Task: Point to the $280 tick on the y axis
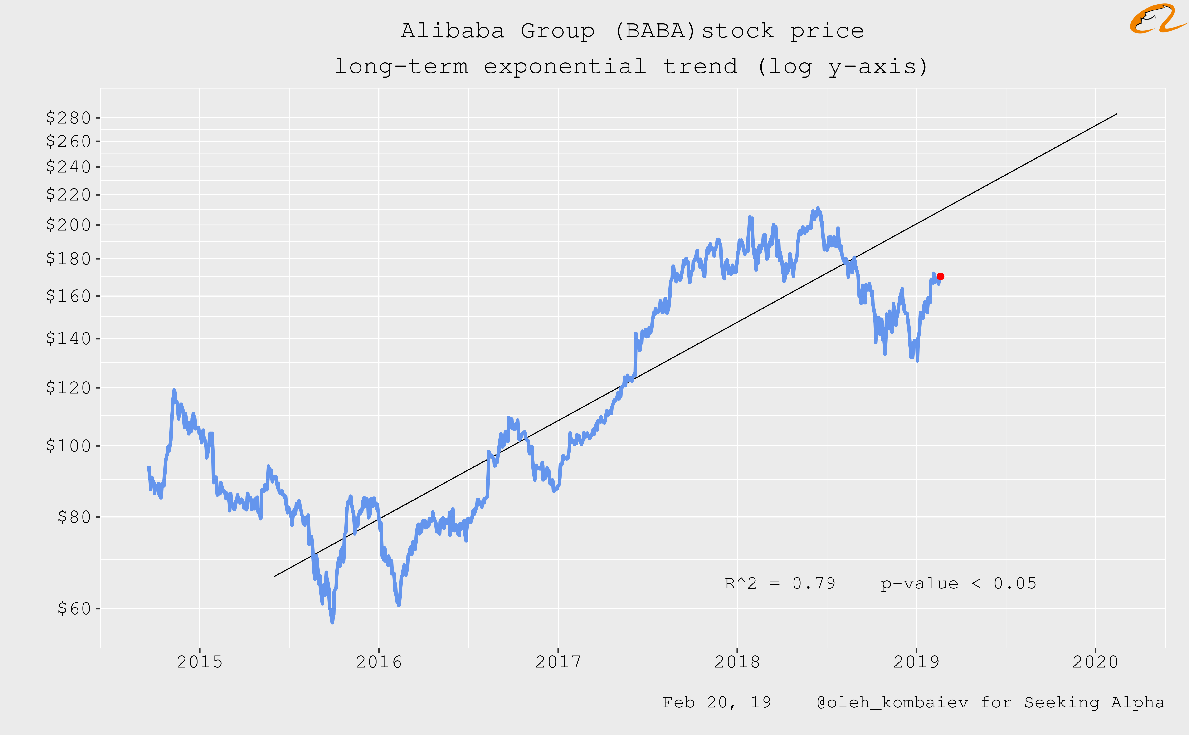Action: click(x=68, y=118)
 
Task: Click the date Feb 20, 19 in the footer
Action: click(x=717, y=702)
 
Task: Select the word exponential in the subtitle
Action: click(x=565, y=67)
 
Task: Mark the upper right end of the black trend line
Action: click(x=1117, y=114)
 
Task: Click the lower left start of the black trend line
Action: click(x=275, y=576)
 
